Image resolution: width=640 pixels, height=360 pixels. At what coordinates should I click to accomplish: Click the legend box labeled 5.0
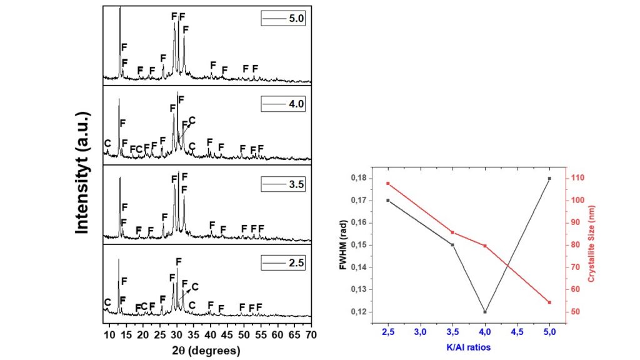[x=282, y=19]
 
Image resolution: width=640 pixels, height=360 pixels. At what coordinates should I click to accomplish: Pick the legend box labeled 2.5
[x=282, y=263]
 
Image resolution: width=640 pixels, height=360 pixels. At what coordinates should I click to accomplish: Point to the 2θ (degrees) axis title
[x=206, y=351]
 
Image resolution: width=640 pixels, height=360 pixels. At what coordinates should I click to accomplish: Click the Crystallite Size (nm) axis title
[x=591, y=244]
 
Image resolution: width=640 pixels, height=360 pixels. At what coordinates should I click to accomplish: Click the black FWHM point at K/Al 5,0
[x=550, y=178]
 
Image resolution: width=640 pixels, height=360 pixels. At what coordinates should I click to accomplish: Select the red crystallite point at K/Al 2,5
[x=388, y=183]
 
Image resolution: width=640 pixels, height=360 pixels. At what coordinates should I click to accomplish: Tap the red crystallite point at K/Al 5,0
[x=550, y=302]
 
